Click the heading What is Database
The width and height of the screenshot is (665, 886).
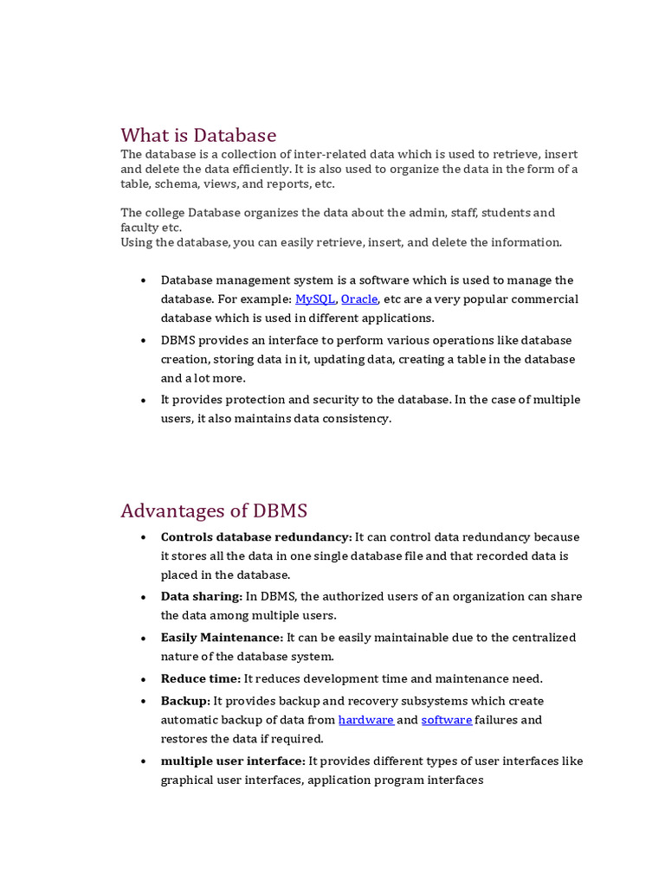(198, 135)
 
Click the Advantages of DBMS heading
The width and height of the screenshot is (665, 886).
(214, 510)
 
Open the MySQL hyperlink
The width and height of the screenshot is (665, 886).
(315, 299)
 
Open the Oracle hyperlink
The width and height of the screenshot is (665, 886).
(359, 299)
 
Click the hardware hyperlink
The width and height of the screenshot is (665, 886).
(365, 720)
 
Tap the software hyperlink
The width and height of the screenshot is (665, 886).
(447, 720)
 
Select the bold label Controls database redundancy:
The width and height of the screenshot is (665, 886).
(256, 537)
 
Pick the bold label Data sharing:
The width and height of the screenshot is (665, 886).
(201, 597)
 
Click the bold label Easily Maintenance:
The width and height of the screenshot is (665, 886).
(222, 638)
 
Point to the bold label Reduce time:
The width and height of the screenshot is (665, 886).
(201, 679)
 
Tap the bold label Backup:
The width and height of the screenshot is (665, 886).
(185, 701)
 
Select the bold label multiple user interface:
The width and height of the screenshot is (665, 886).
(233, 761)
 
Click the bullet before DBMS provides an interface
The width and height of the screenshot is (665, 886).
(143, 341)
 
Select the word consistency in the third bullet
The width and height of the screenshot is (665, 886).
(356, 419)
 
